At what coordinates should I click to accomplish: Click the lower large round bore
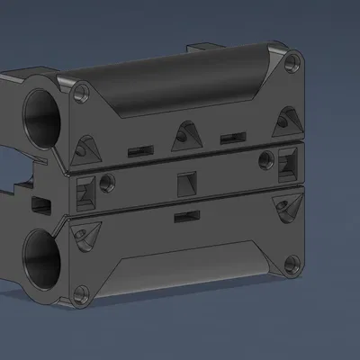point(41,256)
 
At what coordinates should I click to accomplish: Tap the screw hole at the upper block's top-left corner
point(82,90)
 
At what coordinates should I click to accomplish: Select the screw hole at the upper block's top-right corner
point(291,64)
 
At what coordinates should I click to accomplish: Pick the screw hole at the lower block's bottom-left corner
point(82,292)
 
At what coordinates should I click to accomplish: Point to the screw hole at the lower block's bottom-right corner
point(291,265)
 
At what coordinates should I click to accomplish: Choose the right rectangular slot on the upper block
point(233,137)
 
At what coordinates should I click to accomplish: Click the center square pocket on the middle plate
point(186,183)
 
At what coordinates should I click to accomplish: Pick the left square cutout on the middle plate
point(86,192)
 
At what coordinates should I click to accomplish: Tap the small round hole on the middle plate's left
point(108,184)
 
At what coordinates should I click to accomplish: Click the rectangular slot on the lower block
point(186,217)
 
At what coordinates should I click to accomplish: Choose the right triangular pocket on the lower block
point(287,208)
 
